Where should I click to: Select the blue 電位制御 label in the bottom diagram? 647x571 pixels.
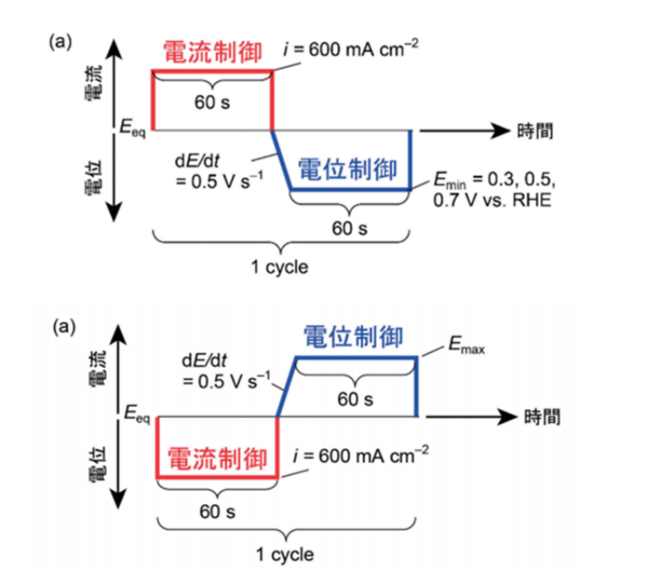pyautogui.click(x=353, y=336)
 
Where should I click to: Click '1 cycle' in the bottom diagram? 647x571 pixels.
pyautogui.click(x=287, y=554)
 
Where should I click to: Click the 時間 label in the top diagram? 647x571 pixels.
pyautogui.click(x=535, y=130)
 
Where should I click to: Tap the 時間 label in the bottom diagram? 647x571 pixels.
pyautogui.click(x=541, y=416)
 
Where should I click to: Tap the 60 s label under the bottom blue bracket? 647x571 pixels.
pyautogui.click(x=355, y=399)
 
